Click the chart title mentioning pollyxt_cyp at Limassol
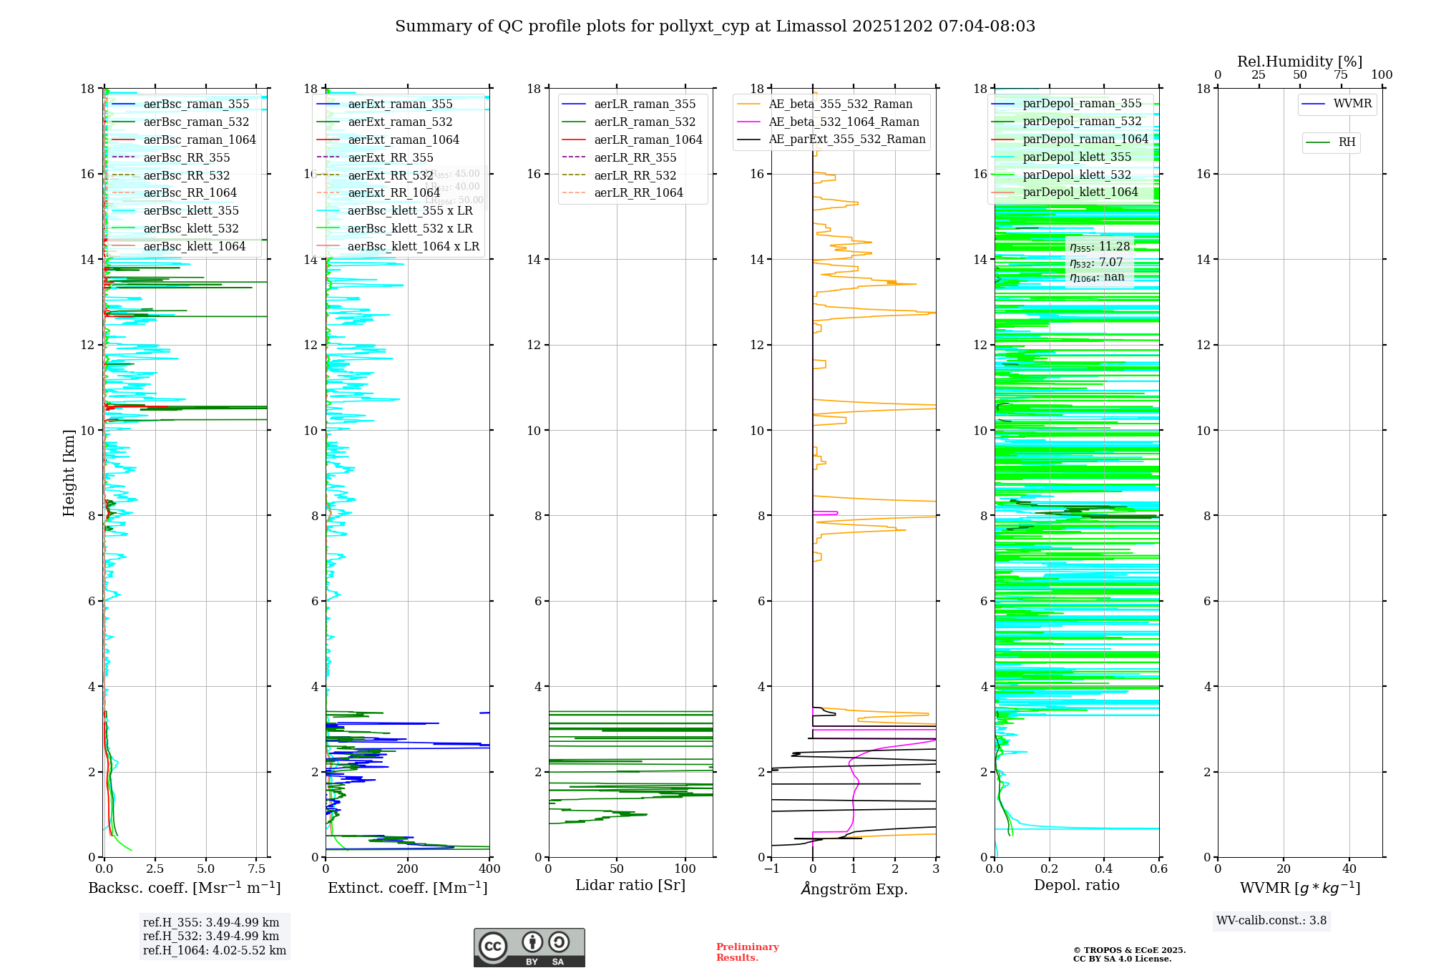coord(715,26)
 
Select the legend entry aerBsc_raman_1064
coord(199,140)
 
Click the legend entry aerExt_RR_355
coord(390,157)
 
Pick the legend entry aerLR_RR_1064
coord(638,192)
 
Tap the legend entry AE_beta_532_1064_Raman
coord(844,122)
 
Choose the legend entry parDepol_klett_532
coord(1077,175)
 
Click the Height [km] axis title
coord(69,472)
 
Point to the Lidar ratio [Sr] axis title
coord(630,885)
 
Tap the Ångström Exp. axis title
coord(854,889)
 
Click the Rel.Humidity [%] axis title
coord(1299,62)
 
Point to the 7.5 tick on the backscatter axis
coord(257,869)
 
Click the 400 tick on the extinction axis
coord(489,869)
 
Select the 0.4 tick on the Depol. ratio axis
coord(1104,869)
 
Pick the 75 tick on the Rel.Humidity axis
coord(1340,75)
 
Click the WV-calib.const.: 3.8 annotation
coord(1271,920)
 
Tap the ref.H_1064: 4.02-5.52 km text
coord(215,950)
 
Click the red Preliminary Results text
coord(747,952)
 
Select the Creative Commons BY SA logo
coord(529,947)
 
